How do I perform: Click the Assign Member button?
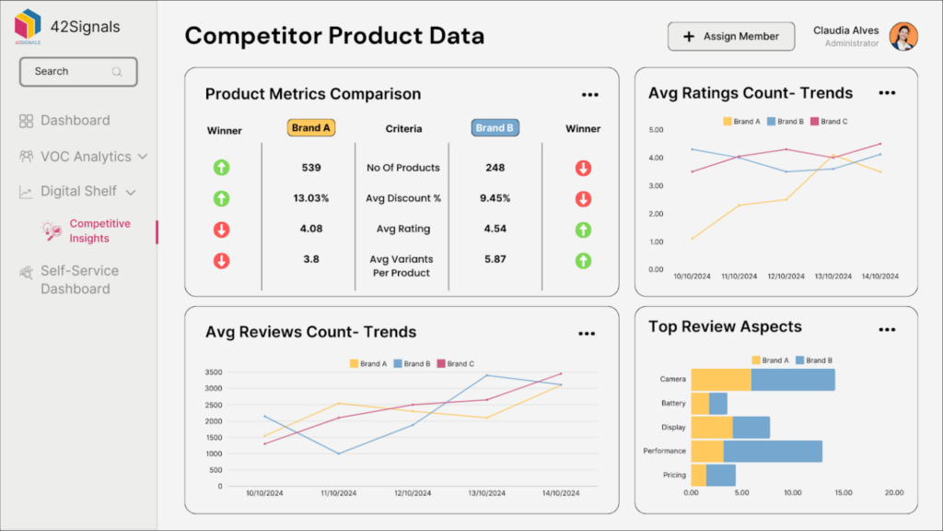pyautogui.click(x=730, y=37)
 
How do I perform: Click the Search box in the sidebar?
pyautogui.click(x=78, y=71)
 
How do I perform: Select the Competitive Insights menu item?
pyautogui.click(x=99, y=230)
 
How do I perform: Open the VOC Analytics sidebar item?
pyautogui.click(x=85, y=157)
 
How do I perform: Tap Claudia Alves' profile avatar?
pyautogui.click(x=902, y=37)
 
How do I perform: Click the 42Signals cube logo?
pyautogui.click(x=28, y=25)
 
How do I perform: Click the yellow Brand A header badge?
pyautogui.click(x=310, y=128)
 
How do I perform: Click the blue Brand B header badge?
pyautogui.click(x=495, y=128)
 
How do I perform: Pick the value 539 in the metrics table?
pyautogui.click(x=311, y=168)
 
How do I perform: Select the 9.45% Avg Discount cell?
pyautogui.click(x=495, y=198)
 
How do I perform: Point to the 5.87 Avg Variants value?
pyautogui.click(x=495, y=259)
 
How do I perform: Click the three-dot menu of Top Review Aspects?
pyautogui.click(x=887, y=329)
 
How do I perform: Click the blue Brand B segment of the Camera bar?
pyautogui.click(x=793, y=380)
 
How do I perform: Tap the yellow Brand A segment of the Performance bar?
pyautogui.click(x=707, y=451)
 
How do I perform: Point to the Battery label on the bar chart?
pyautogui.click(x=673, y=404)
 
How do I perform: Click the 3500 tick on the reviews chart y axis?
pyautogui.click(x=213, y=372)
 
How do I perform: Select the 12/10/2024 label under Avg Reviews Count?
pyautogui.click(x=413, y=494)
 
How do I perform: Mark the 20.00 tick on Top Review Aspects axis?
pyautogui.click(x=893, y=493)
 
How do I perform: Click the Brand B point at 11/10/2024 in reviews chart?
pyautogui.click(x=339, y=454)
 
